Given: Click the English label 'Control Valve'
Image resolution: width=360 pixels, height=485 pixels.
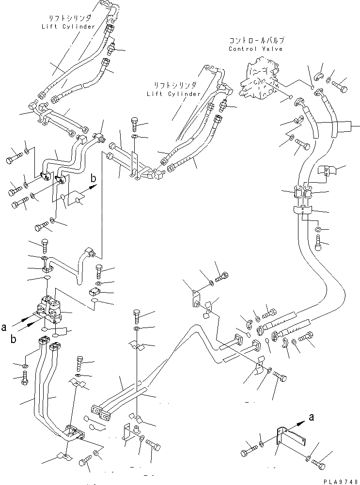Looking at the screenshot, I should coord(255,49).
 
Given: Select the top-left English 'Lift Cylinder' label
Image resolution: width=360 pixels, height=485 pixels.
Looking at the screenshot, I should coord(68,26).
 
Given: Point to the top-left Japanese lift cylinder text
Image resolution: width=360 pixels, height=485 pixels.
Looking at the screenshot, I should coord(68,18).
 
